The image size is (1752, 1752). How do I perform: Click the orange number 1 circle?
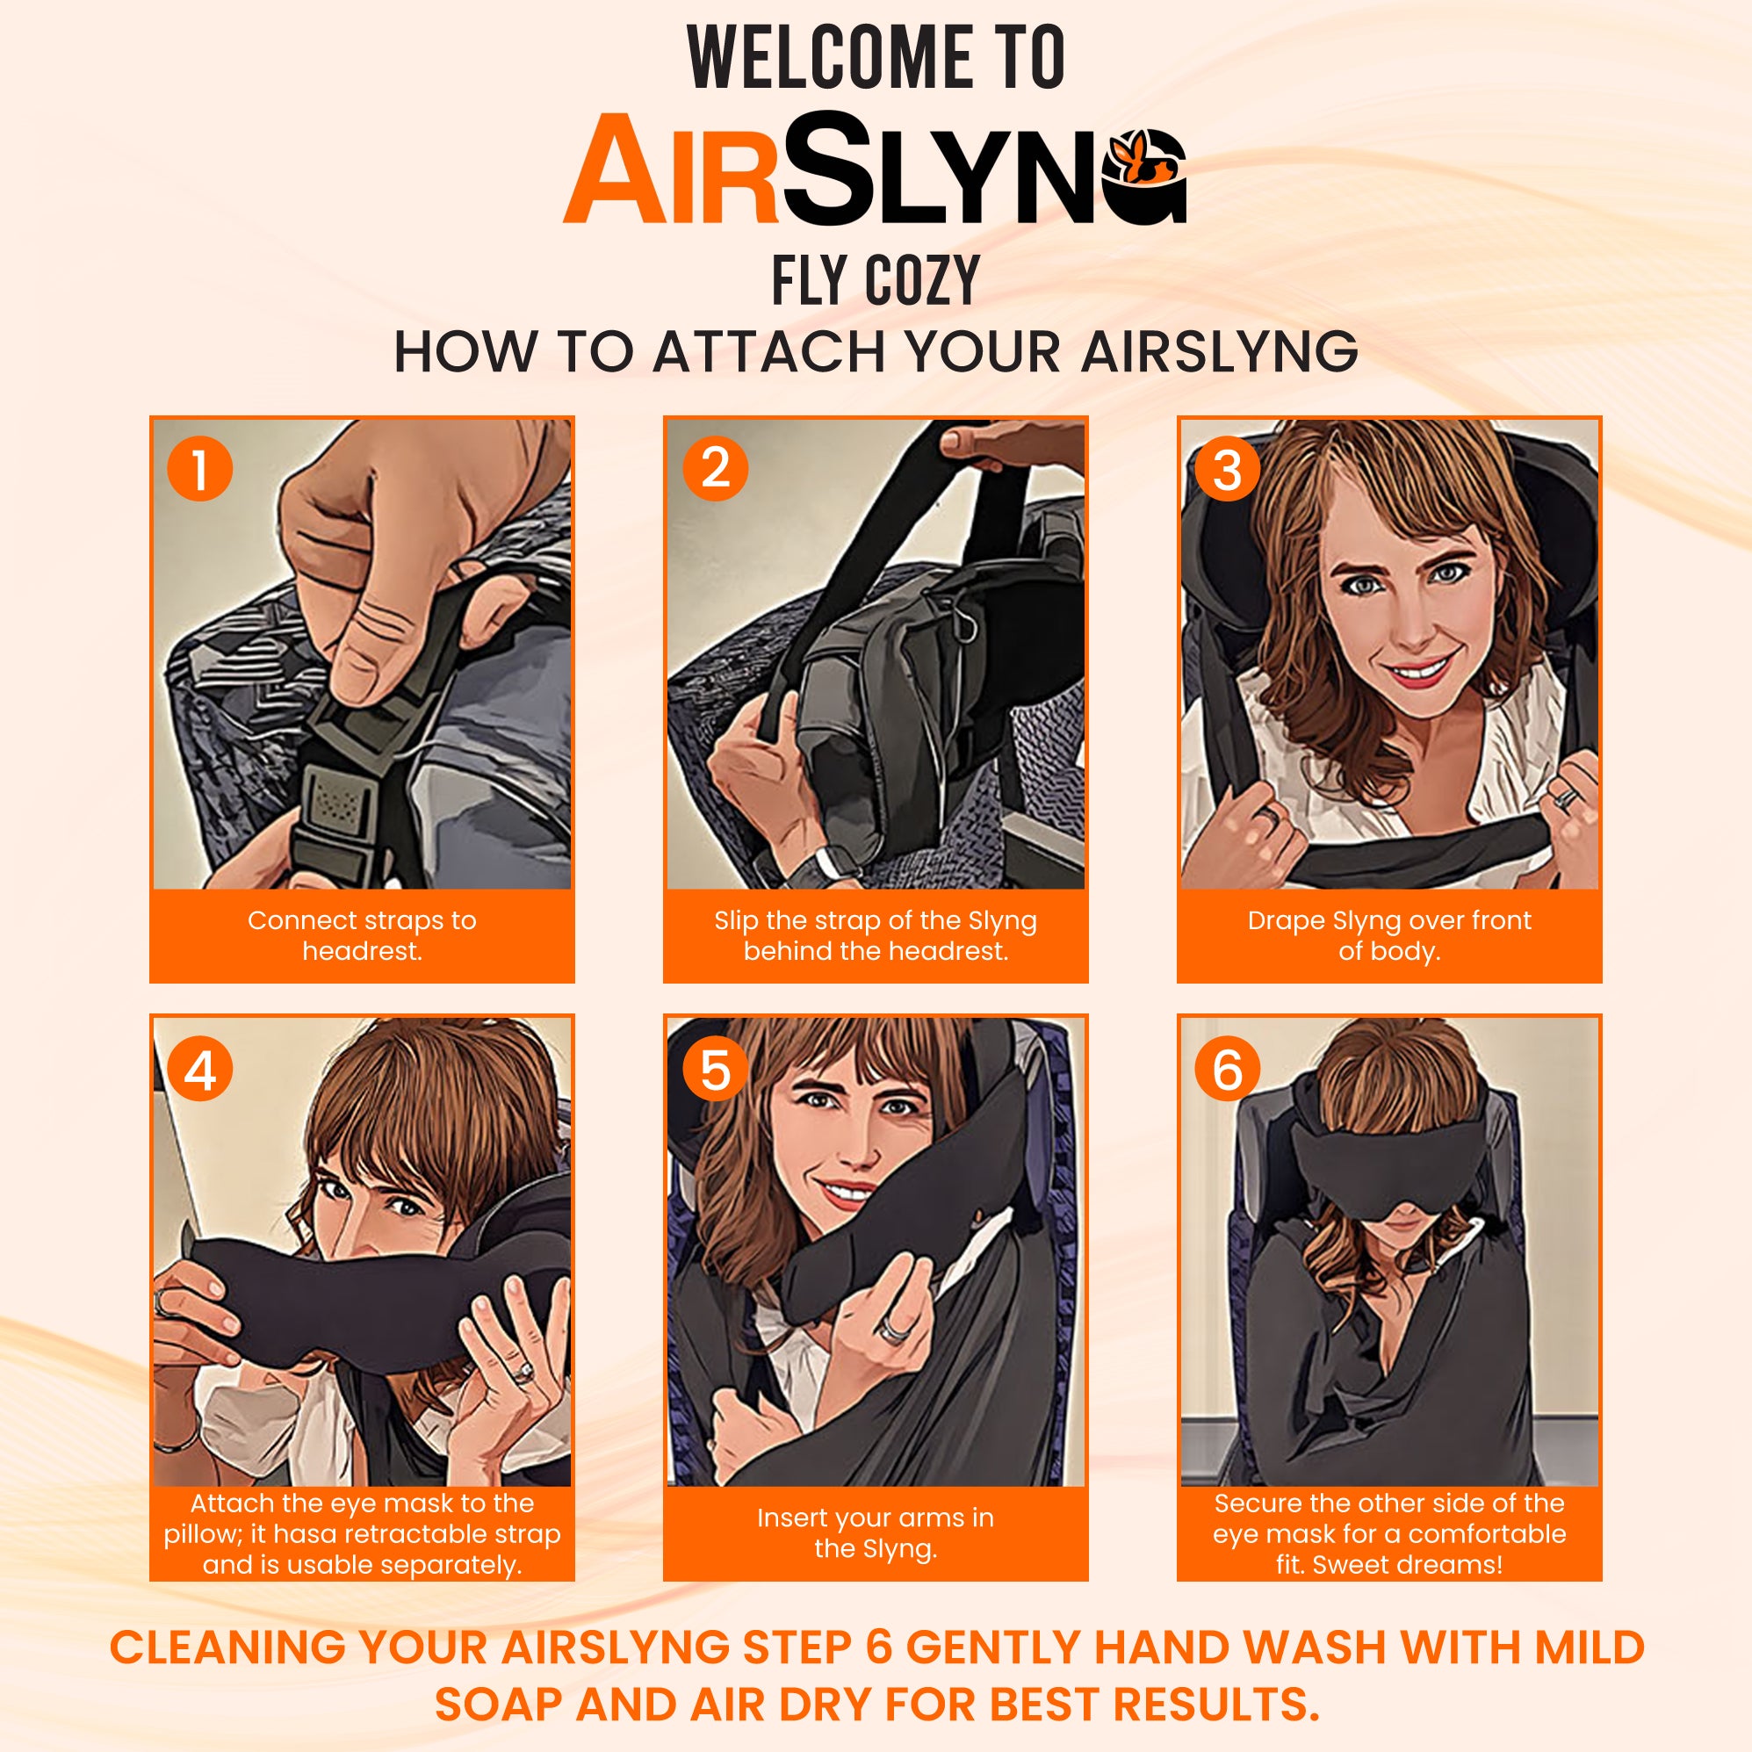(199, 469)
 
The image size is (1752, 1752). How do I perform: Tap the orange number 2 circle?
(715, 469)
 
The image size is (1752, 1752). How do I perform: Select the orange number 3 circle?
(1227, 469)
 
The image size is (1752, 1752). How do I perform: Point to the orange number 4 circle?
(199, 1069)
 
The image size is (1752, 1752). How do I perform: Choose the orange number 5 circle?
(715, 1069)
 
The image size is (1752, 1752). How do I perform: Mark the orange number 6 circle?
(1227, 1069)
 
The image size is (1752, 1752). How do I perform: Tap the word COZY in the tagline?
(921, 280)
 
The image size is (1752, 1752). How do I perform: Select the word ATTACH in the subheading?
(768, 352)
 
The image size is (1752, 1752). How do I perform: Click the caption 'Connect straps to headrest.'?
(362, 935)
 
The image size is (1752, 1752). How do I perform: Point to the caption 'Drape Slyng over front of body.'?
(1388, 935)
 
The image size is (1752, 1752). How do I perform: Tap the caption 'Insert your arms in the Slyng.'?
(875, 1532)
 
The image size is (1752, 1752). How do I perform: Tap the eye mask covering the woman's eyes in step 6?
(1388, 1164)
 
